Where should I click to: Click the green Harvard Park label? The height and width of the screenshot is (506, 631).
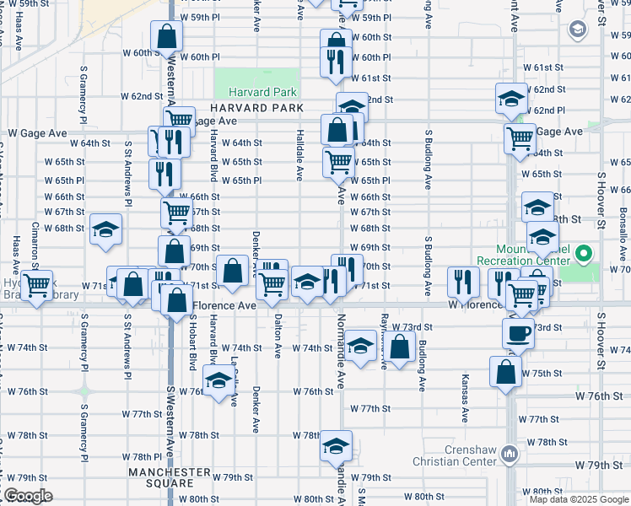pyautogui.click(x=256, y=91)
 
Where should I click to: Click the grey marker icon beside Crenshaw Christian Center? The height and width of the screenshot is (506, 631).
pyautogui.click(x=510, y=455)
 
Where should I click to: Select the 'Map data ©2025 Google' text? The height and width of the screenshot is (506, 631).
pyautogui.click(x=579, y=499)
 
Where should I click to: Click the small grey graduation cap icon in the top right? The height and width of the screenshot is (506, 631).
pyautogui.click(x=577, y=30)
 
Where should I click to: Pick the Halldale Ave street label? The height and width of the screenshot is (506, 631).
pyautogui.click(x=299, y=155)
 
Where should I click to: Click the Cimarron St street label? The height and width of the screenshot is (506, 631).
pyautogui.click(x=35, y=240)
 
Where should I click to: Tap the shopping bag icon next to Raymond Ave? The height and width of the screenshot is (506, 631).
pyautogui.click(x=402, y=347)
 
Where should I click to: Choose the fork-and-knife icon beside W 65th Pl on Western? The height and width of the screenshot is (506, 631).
pyautogui.click(x=164, y=172)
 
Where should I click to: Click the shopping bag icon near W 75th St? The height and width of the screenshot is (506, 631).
pyautogui.click(x=505, y=372)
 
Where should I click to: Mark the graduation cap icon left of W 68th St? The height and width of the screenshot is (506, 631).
pyautogui.click(x=105, y=229)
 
